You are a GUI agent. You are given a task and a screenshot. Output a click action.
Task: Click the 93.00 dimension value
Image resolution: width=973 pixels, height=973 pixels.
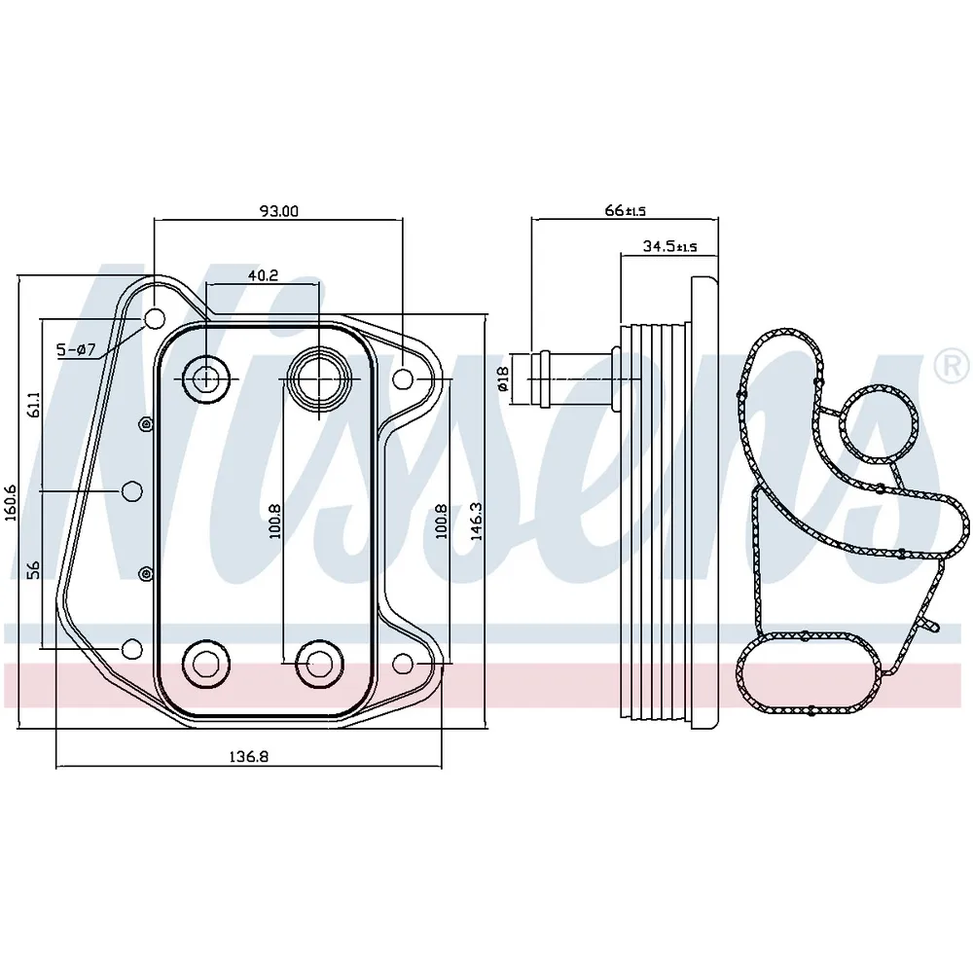click(x=278, y=211)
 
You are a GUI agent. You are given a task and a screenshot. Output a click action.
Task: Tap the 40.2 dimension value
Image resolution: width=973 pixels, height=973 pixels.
click(x=263, y=275)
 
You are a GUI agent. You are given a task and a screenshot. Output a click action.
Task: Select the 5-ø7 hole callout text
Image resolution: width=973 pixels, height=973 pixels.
click(x=76, y=350)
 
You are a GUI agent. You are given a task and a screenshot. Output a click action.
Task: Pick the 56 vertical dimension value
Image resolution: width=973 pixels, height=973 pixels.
click(x=34, y=570)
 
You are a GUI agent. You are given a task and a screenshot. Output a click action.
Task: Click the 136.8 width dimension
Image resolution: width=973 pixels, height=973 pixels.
click(x=249, y=757)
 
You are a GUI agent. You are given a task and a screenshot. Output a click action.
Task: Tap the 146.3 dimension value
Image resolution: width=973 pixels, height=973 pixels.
click(x=476, y=522)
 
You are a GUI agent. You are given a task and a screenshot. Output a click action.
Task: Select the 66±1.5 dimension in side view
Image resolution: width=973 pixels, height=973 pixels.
click(x=625, y=211)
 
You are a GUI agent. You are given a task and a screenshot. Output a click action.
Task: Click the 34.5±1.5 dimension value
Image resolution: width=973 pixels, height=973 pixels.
click(x=669, y=246)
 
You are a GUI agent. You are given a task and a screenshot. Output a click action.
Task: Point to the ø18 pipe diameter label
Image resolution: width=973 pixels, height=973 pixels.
click(x=503, y=378)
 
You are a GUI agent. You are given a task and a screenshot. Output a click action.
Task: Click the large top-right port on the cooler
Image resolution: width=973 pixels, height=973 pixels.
click(x=318, y=378)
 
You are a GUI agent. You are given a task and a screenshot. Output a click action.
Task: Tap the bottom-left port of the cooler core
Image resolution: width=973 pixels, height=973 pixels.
click(x=206, y=664)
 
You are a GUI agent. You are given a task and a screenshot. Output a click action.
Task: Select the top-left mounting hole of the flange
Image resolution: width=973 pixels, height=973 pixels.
click(x=155, y=319)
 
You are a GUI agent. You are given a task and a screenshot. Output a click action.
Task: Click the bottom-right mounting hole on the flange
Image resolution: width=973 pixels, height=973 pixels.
click(x=404, y=664)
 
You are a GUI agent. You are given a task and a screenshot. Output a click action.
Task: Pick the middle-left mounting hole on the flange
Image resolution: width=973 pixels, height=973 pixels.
click(x=131, y=491)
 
